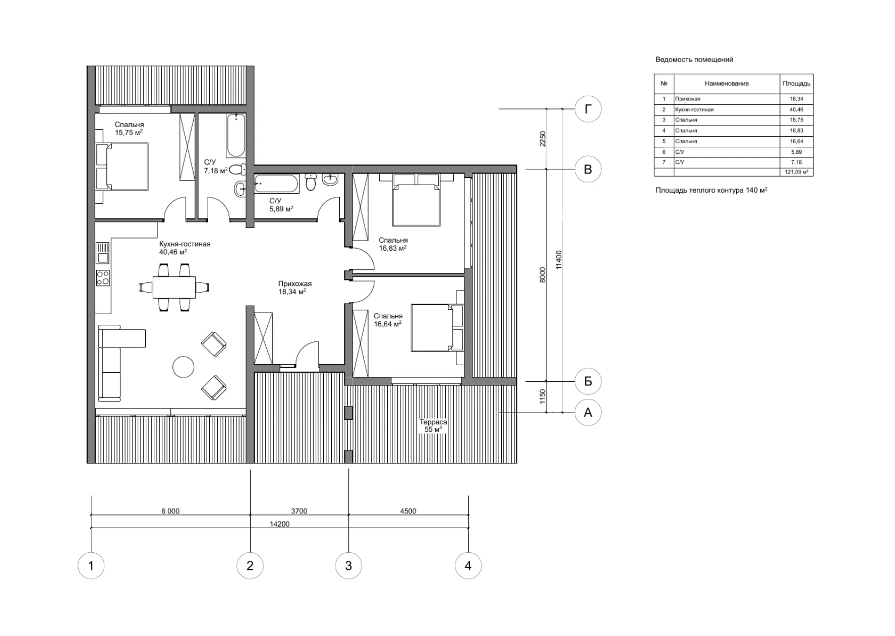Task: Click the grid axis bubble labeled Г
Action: (588, 109)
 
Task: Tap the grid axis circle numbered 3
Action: (348, 565)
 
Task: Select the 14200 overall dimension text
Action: (279, 524)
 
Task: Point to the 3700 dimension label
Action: (299, 511)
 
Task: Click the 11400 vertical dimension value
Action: (559, 260)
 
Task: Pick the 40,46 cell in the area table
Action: (796, 109)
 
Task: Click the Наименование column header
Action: (727, 83)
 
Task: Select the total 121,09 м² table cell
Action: (796, 172)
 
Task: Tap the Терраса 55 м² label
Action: (433, 426)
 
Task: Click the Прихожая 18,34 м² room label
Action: (294, 287)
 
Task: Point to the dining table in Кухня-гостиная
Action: (174, 287)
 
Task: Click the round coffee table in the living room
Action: (183, 367)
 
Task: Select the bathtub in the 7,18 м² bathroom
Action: (235, 135)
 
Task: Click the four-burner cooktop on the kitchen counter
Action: (103, 278)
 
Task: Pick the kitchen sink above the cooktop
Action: (103, 254)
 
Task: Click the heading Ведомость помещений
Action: (694, 60)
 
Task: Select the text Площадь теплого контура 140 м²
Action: (711, 190)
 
